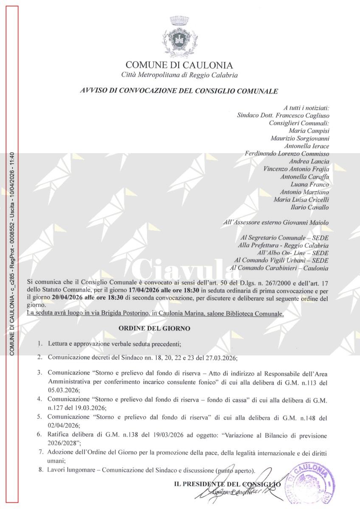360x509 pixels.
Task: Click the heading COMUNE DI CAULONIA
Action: [x=179, y=65]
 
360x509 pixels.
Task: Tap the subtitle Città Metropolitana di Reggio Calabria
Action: [x=179, y=75]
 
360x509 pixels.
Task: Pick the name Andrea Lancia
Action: [x=309, y=161]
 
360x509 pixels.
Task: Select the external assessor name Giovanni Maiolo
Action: [x=307, y=222]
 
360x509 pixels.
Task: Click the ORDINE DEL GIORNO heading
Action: [x=154, y=328]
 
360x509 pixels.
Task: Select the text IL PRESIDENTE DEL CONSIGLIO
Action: [x=227, y=484]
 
